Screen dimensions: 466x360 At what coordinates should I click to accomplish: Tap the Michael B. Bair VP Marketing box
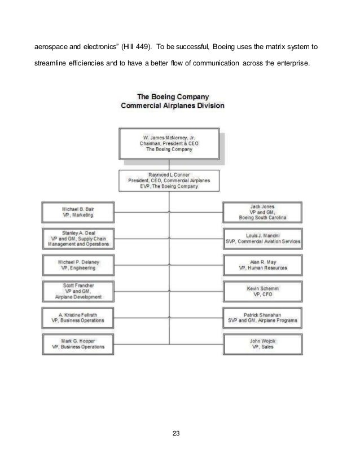pyautogui.click(x=78, y=212)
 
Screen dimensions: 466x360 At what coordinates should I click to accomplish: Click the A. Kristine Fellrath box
pyautogui.click(x=78, y=317)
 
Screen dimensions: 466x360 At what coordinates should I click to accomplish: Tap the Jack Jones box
pyautogui.click(x=263, y=212)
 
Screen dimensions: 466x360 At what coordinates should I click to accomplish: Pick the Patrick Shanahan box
pyautogui.click(x=263, y=317)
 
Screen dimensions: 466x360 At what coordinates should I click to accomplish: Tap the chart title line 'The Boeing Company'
pyautogui.click(x=172, y=96)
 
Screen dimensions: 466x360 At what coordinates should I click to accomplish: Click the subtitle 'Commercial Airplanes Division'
pyautogui.click(x=172, y=105)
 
